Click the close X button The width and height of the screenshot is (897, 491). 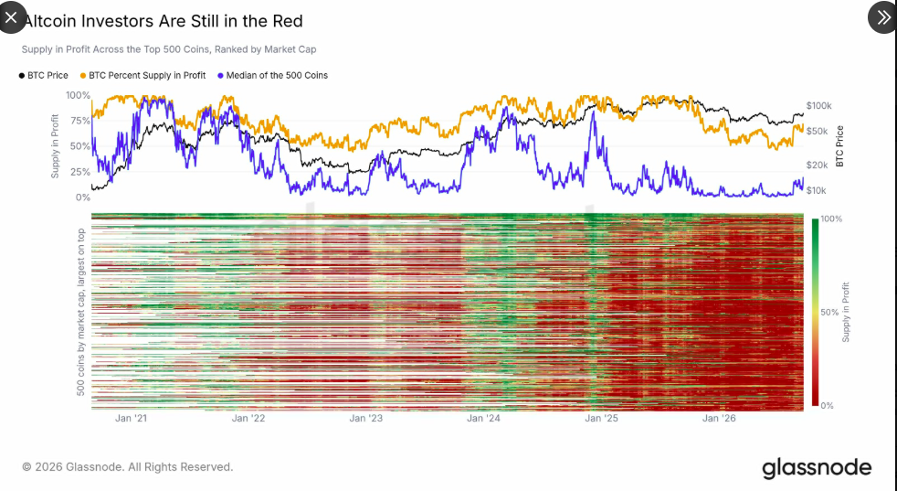12,17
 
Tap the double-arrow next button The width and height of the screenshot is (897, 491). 882,17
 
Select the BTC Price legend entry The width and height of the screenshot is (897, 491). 44,75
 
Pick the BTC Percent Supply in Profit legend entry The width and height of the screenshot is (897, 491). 143,75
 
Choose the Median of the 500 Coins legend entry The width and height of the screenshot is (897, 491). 273,75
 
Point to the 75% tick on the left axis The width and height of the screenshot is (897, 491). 79,121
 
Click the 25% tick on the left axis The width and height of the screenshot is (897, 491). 79,171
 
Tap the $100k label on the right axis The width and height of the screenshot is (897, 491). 818,105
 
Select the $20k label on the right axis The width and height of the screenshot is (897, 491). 817,165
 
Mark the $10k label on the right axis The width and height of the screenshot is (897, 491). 816,190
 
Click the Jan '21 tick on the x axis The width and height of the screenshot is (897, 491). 131,418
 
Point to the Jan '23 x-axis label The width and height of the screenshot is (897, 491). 366,418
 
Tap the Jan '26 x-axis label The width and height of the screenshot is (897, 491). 719,418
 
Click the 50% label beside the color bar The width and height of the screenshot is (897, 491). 829,312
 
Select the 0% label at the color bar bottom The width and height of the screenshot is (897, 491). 828,406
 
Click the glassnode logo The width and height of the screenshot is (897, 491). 817,468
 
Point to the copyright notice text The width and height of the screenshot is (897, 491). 128,467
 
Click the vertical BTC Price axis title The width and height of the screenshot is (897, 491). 839,146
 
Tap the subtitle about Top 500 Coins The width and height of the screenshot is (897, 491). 169,49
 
